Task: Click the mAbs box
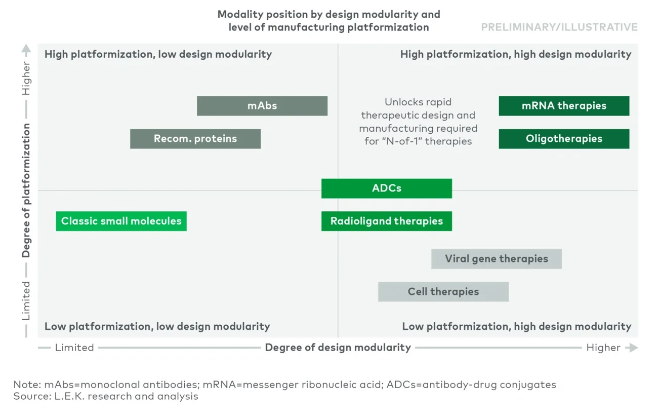(x=262, y=106)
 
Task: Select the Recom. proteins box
(x=195, y=139)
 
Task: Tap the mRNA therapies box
(x=564, y=106)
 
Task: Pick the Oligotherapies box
(x=564, y=139)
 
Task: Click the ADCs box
(x=387, y=188)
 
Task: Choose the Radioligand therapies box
(x=387, y=221)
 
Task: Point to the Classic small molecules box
(x=121, y=221)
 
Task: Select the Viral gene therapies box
(x=497, y=259)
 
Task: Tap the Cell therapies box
(x=443, y=292)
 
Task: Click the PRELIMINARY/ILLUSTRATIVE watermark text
(x=559, y=27)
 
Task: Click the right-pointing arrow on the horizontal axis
(x=631, y=348)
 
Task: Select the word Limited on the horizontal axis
(x=74, y=348)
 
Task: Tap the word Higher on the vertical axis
(x=26, y=78)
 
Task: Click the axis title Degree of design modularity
(x=338, y=348)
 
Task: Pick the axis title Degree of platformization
(x=26, y=191)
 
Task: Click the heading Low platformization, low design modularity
(x=157, y=326)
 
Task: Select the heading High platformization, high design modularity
(x=516, y=54)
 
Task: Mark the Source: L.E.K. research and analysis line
(x=106, y=396)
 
